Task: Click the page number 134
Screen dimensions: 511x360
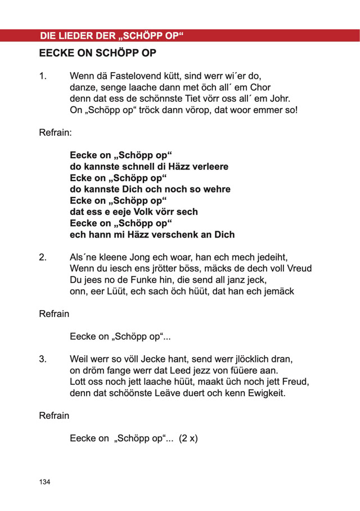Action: (45, 482)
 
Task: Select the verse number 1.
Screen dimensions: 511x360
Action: (42, 75)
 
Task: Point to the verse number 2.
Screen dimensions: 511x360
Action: (43, 257)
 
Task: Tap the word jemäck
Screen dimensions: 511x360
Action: (274, 292)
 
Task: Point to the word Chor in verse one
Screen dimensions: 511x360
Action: (259, 87)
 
